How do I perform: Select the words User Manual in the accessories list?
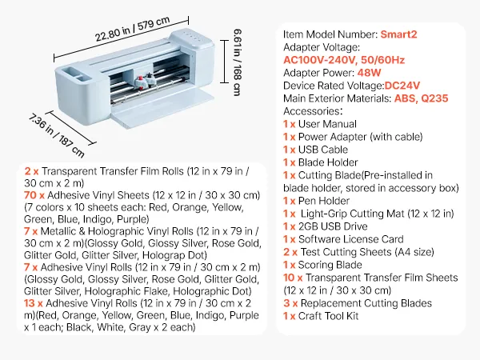tap(327, 124)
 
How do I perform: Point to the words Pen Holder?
tap(323, 201)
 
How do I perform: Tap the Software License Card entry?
tap(341, 239)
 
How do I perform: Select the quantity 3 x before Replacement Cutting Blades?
tap(289, 303)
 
